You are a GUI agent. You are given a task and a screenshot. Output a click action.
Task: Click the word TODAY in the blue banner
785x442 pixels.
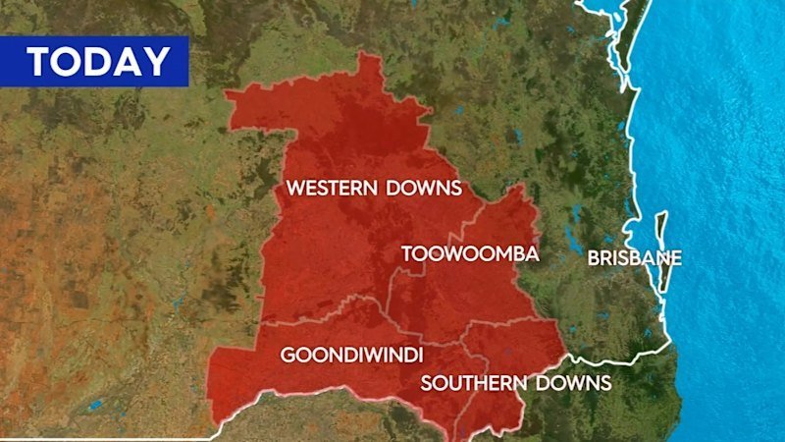[98, 62]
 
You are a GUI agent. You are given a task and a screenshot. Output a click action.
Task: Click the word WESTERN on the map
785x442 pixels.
[331, 188]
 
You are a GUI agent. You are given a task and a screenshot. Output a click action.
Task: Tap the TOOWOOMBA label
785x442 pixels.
[470, 254]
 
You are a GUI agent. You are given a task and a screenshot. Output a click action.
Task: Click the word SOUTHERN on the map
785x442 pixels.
[470, 383]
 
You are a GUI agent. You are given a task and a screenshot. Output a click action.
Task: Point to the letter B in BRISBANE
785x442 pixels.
[594, 259]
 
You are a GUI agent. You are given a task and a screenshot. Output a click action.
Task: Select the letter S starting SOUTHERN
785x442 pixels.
[427, 383]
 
